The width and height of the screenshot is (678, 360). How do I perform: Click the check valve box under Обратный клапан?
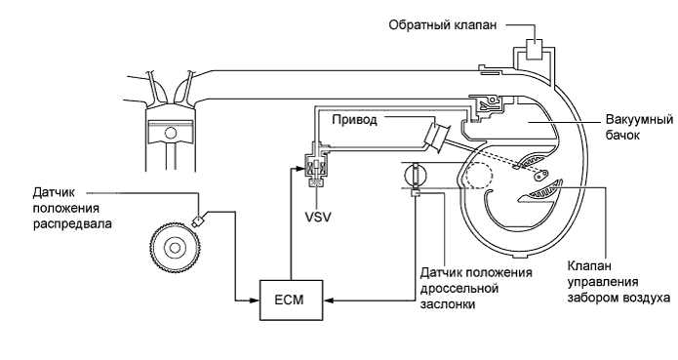(535, 48)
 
